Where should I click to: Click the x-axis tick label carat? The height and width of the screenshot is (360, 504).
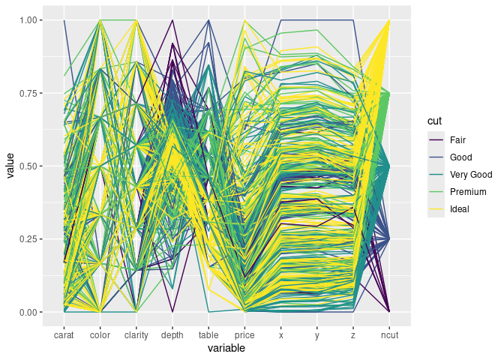(64, 336)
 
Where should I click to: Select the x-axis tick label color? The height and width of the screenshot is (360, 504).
(100, 336)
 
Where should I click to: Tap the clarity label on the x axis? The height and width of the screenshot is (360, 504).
(136, 336)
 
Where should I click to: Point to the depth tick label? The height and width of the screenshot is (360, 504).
(172, 336)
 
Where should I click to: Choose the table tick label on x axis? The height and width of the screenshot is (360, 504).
(208, 336)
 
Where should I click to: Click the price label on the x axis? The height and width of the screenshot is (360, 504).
(244, 336)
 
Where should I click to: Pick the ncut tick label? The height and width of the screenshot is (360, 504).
(389, 336)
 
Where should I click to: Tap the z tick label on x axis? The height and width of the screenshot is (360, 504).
(353, 336)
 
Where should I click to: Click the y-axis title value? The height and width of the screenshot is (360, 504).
(10, 166)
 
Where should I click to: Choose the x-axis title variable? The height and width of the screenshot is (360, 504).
(226, 349)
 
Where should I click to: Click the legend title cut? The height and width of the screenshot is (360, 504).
(434, 121)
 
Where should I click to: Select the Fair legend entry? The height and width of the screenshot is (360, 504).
(457, 140)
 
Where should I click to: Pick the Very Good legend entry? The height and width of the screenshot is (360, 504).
(470, 175)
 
